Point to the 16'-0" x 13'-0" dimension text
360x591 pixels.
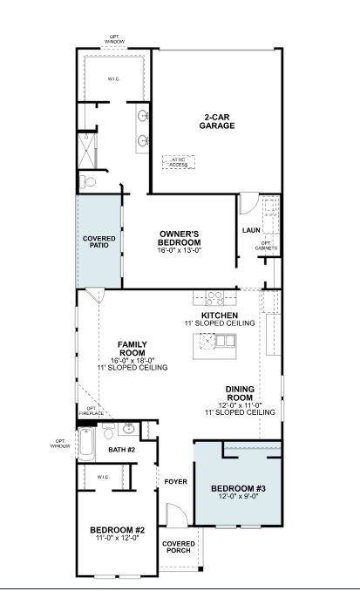180,250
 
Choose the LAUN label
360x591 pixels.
252,230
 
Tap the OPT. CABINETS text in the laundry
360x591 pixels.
267,246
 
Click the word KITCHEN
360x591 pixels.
219,315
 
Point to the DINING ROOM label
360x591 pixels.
240,394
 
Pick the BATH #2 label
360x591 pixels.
122,449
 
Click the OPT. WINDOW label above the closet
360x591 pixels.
114,39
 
